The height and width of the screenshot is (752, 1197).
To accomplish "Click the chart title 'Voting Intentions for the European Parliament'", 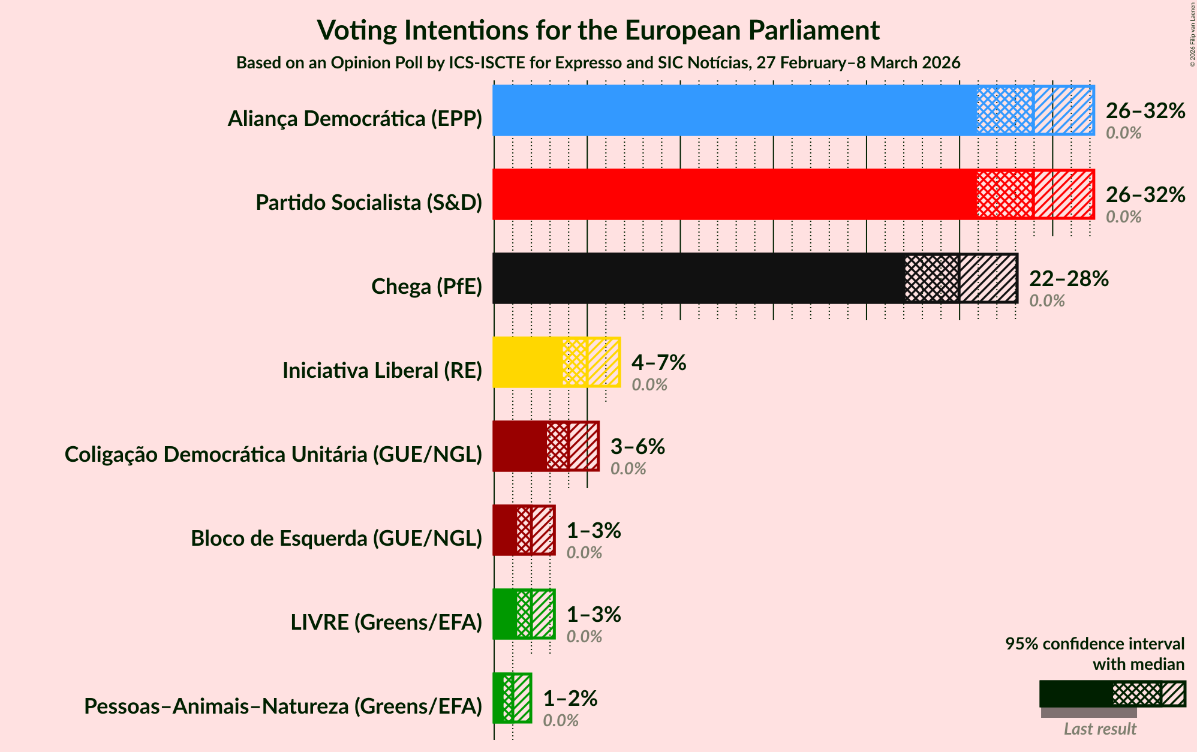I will coord(598,30).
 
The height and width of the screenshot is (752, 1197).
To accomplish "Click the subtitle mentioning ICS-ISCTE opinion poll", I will coord(598,63).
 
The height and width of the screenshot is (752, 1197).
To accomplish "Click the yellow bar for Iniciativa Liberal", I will coord(528,362).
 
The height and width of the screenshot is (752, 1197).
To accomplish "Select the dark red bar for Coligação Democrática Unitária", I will coord(519,446).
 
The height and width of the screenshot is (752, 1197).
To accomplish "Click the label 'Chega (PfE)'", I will coord(426,287).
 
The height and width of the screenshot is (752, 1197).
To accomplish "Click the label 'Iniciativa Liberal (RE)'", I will coord(382,371).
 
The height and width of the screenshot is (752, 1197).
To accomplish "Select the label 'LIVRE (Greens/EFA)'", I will coord(386,622).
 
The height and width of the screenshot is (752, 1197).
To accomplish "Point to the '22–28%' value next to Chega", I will coord(1069,279).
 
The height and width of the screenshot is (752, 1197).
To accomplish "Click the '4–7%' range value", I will coord(658,363).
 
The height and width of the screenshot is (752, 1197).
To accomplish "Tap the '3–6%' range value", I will coord(637,447).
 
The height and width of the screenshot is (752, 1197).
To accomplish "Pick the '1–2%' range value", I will coord(570,699).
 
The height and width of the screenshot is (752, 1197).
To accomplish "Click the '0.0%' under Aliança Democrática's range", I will coord(1123,133).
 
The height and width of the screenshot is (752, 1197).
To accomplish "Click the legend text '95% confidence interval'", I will coord(1094,644).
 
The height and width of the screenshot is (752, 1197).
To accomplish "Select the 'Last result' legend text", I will coord(1100,729).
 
